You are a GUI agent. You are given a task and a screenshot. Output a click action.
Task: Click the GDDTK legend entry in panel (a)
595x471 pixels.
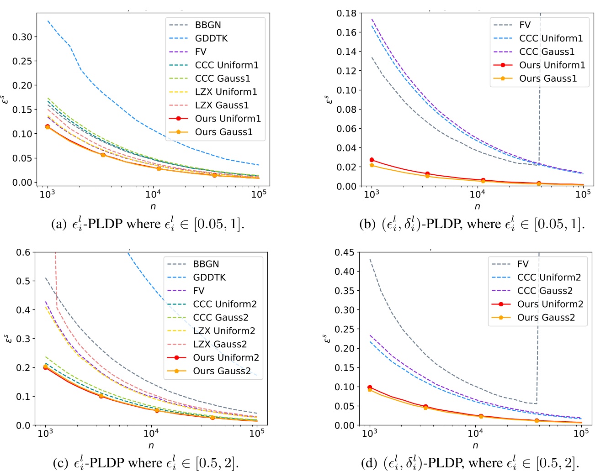pos(211,38)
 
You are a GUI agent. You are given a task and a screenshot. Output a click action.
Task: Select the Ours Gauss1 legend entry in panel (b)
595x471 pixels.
pos(548,78)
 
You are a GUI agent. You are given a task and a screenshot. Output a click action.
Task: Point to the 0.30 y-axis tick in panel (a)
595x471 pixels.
pos(22,37)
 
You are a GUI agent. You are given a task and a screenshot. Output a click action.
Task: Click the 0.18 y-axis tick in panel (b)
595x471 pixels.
pos(346,13)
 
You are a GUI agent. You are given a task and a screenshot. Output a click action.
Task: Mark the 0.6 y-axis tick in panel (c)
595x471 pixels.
pos(23,252)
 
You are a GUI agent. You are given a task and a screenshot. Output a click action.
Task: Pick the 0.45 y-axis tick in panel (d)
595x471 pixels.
pos(344,252)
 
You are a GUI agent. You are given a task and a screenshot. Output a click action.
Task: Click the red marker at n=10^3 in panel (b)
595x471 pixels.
pos(372,160)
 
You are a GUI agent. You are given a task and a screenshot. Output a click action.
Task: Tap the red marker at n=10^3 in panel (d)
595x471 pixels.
pos(370,387)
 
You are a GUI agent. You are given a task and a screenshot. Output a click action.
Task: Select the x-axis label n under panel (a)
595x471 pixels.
pos(153,206)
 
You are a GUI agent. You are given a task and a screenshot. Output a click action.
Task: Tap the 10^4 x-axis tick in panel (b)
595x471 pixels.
pos(477,194)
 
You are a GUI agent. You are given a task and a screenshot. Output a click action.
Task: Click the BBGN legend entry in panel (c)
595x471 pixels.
pos(206,264)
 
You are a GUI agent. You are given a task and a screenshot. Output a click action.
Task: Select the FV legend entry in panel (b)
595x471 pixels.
pos(525,25)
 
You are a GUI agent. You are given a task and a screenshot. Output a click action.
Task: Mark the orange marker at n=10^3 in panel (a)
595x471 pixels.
pos(48,127)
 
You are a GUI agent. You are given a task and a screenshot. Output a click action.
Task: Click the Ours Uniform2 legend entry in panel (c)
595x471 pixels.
pos(226,357)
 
